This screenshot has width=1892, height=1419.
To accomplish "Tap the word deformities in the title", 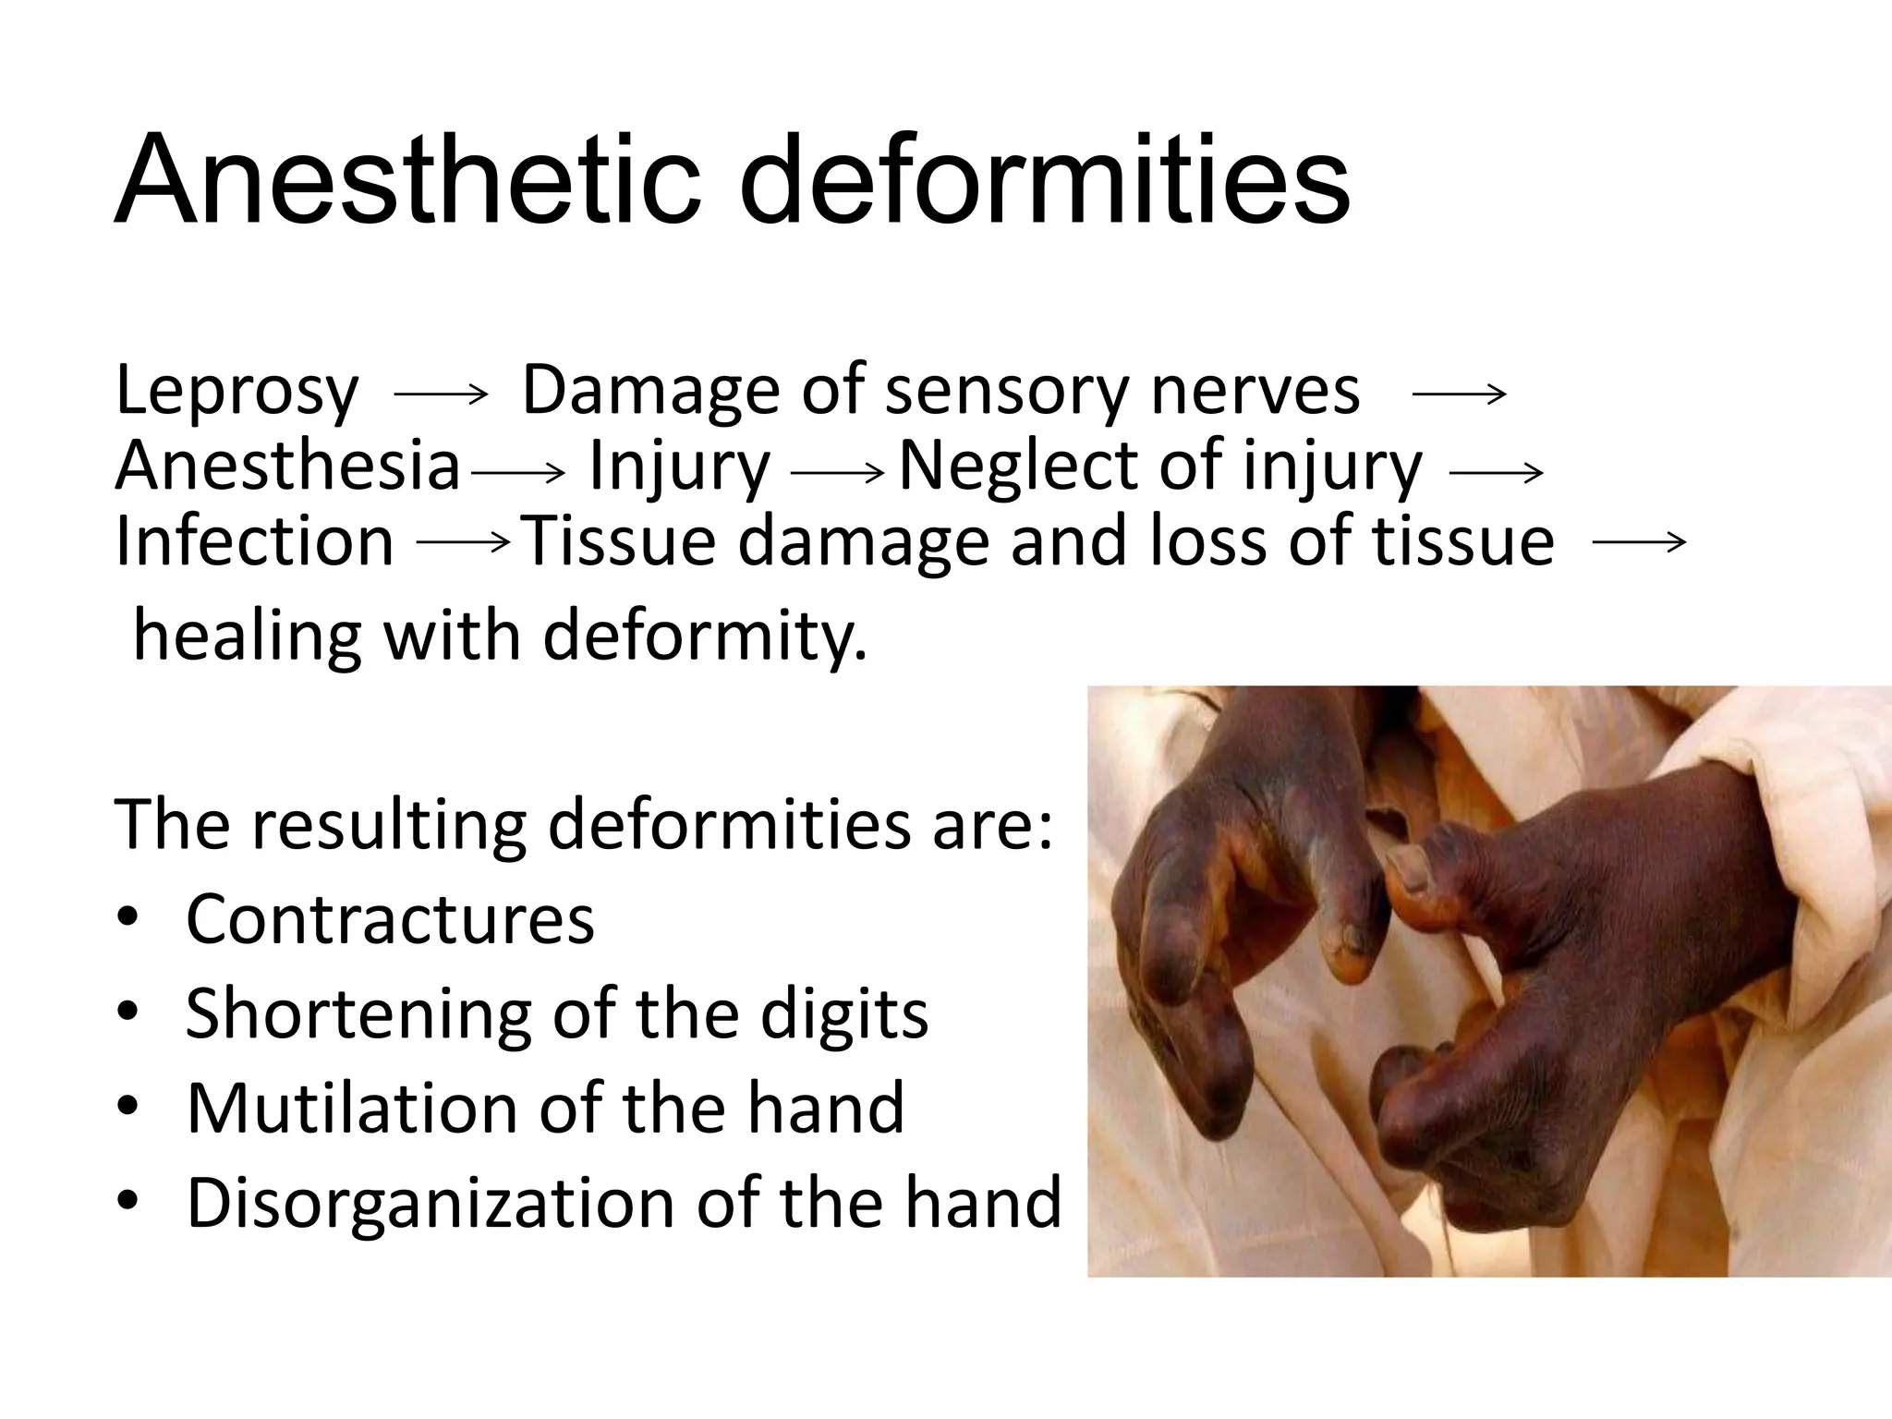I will pos(1044,180).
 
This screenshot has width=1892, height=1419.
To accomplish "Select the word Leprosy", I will pos(236,391).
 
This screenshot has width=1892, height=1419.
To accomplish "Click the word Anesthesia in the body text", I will pos(287,467).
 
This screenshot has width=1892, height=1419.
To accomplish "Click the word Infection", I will pos(255,542).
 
